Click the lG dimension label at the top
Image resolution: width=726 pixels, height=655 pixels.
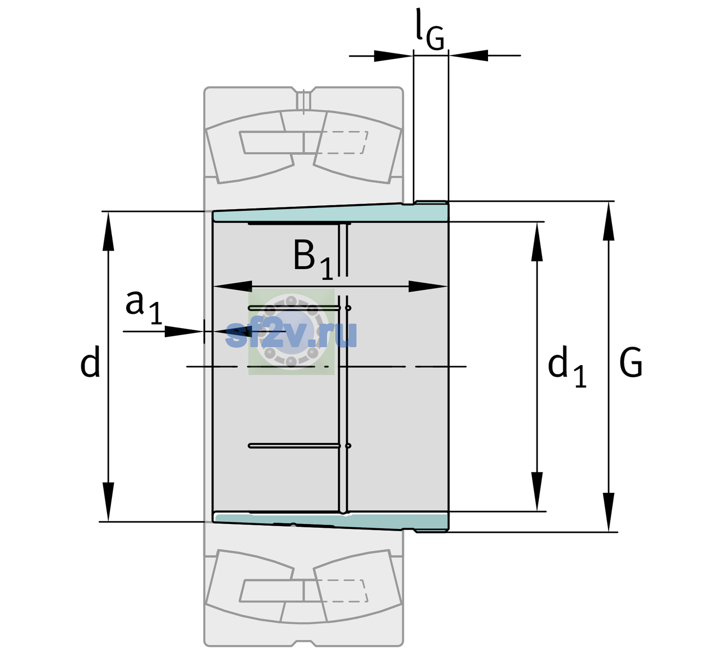pos(430,30)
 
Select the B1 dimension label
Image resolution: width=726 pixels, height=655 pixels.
pos(313,259)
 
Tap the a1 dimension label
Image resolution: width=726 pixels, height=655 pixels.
pos(144,307)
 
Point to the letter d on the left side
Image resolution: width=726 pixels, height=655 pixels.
pos(90,361)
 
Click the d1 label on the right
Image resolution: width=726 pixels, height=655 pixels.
pos(567,366)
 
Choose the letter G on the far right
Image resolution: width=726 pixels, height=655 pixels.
pos(631,362)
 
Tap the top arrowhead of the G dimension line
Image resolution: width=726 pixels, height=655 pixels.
pos(609,221)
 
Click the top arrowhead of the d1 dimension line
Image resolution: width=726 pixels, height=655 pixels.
pos(537,241)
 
